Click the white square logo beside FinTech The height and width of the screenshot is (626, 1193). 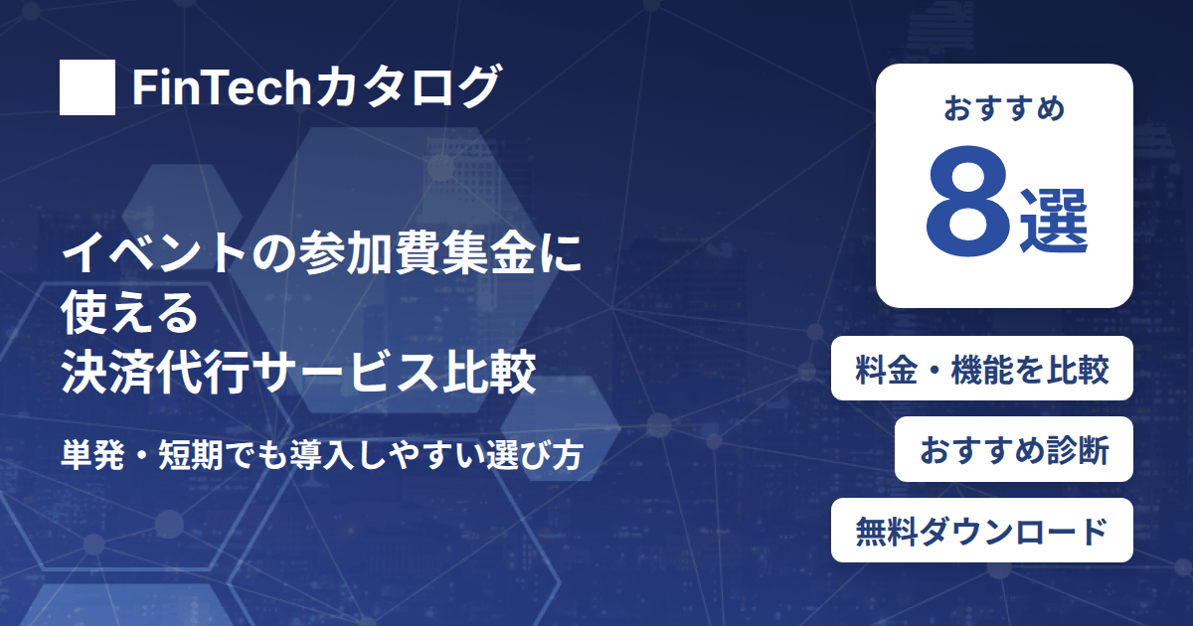87,87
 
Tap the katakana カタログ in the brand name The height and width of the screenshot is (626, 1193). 406,86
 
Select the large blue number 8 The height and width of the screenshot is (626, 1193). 967,201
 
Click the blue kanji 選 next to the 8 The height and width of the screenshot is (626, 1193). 1053,222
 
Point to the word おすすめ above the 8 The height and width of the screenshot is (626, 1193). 1004,108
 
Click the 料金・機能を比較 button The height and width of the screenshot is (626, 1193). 981,369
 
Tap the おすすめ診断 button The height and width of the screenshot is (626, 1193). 1013,449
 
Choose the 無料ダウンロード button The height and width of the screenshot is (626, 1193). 981,531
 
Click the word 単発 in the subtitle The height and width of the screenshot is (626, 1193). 92,455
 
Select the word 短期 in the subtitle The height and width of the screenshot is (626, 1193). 191,455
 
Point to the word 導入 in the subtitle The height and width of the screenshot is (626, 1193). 321,455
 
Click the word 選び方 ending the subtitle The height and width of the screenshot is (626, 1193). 535,455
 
